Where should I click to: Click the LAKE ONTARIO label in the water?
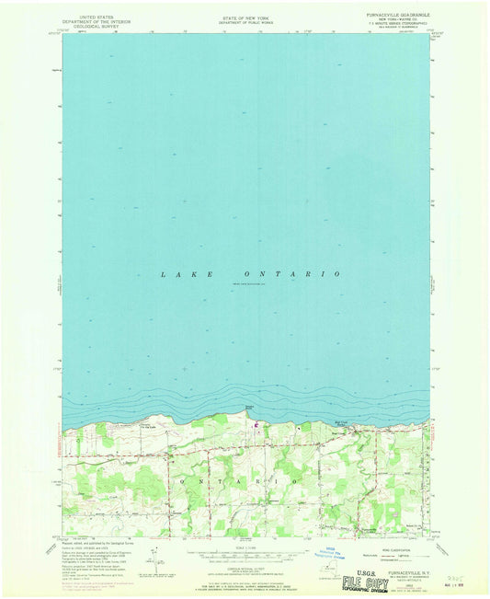click(x=251, y=274)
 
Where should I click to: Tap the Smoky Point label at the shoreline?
click(x=249, y=406)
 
